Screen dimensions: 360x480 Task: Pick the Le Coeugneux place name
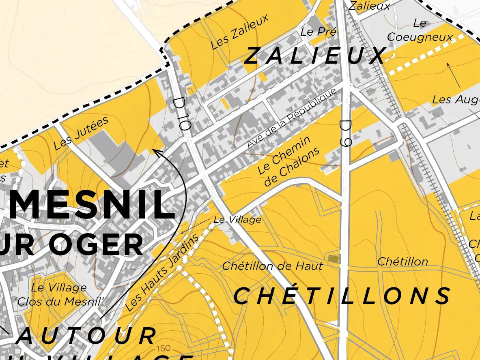coord(420,30)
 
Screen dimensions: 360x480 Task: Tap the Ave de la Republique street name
coord(292,118)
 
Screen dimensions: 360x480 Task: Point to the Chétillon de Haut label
coord(272,266)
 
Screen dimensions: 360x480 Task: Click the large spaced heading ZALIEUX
coord(314,56)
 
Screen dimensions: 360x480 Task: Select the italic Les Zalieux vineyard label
coord(240,32)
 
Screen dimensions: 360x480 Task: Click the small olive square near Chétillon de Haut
coord(333,259)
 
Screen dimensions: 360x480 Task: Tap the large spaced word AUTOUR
coord(85,336)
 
